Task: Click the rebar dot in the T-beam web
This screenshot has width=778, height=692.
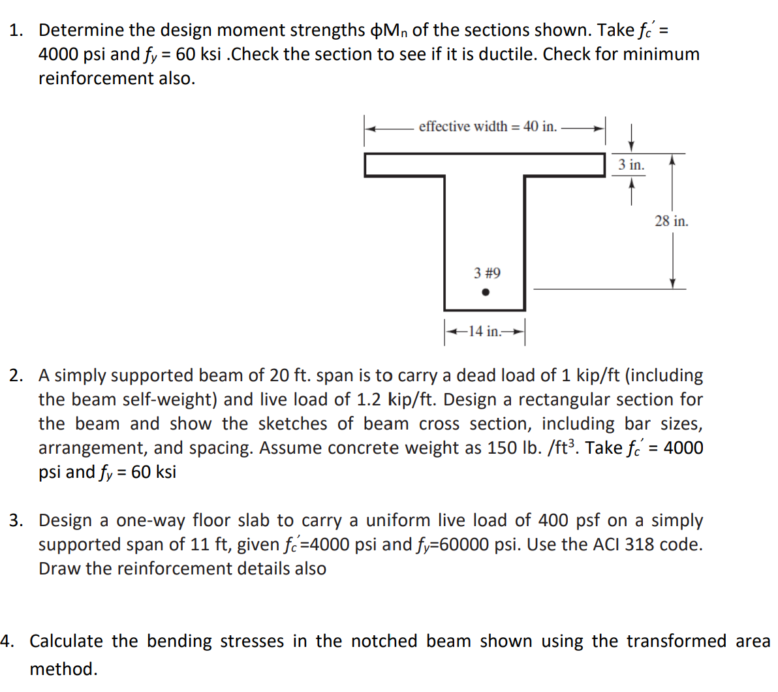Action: (x=485, y=292)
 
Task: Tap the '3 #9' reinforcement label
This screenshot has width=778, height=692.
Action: (x=487, y=273)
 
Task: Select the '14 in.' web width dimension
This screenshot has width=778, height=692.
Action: (x=485, y=332)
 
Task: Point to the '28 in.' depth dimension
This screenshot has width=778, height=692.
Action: (x=671, y=221)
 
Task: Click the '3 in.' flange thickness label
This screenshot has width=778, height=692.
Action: (x=631, y=165)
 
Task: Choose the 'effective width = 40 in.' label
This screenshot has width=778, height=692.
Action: (x=488, y=127)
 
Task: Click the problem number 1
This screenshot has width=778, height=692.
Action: (x=16, y=30)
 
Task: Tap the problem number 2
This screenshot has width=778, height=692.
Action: (x=16, y=375)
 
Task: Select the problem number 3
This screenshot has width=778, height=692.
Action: (x=16, y=520)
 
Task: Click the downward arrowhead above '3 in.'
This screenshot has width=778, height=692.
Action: (x=631, y=147)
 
